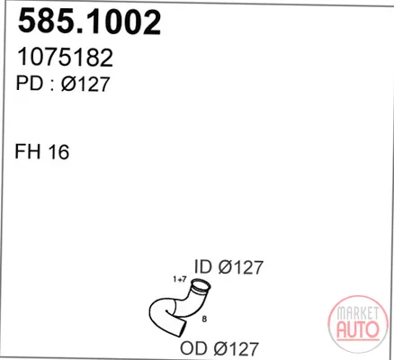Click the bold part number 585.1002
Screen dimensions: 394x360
pos(89,22)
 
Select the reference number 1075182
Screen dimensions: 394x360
pos(65,57)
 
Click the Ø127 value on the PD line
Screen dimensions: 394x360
pos(85,84)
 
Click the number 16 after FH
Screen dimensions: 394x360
pos(58,151)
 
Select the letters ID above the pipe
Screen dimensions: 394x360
pos(203,266)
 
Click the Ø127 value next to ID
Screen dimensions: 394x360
pos(240,267)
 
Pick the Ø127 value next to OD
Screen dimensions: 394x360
pos(236,348)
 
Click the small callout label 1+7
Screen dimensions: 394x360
pos(180,279)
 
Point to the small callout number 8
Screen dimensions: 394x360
pos(204,319)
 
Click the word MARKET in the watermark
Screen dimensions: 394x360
pos(357,313)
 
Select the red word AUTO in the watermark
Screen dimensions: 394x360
pos(358,329)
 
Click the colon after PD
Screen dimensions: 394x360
pos(51,85)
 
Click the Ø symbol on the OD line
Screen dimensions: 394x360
pos(221,348)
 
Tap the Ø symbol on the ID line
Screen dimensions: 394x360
pos(226,267)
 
